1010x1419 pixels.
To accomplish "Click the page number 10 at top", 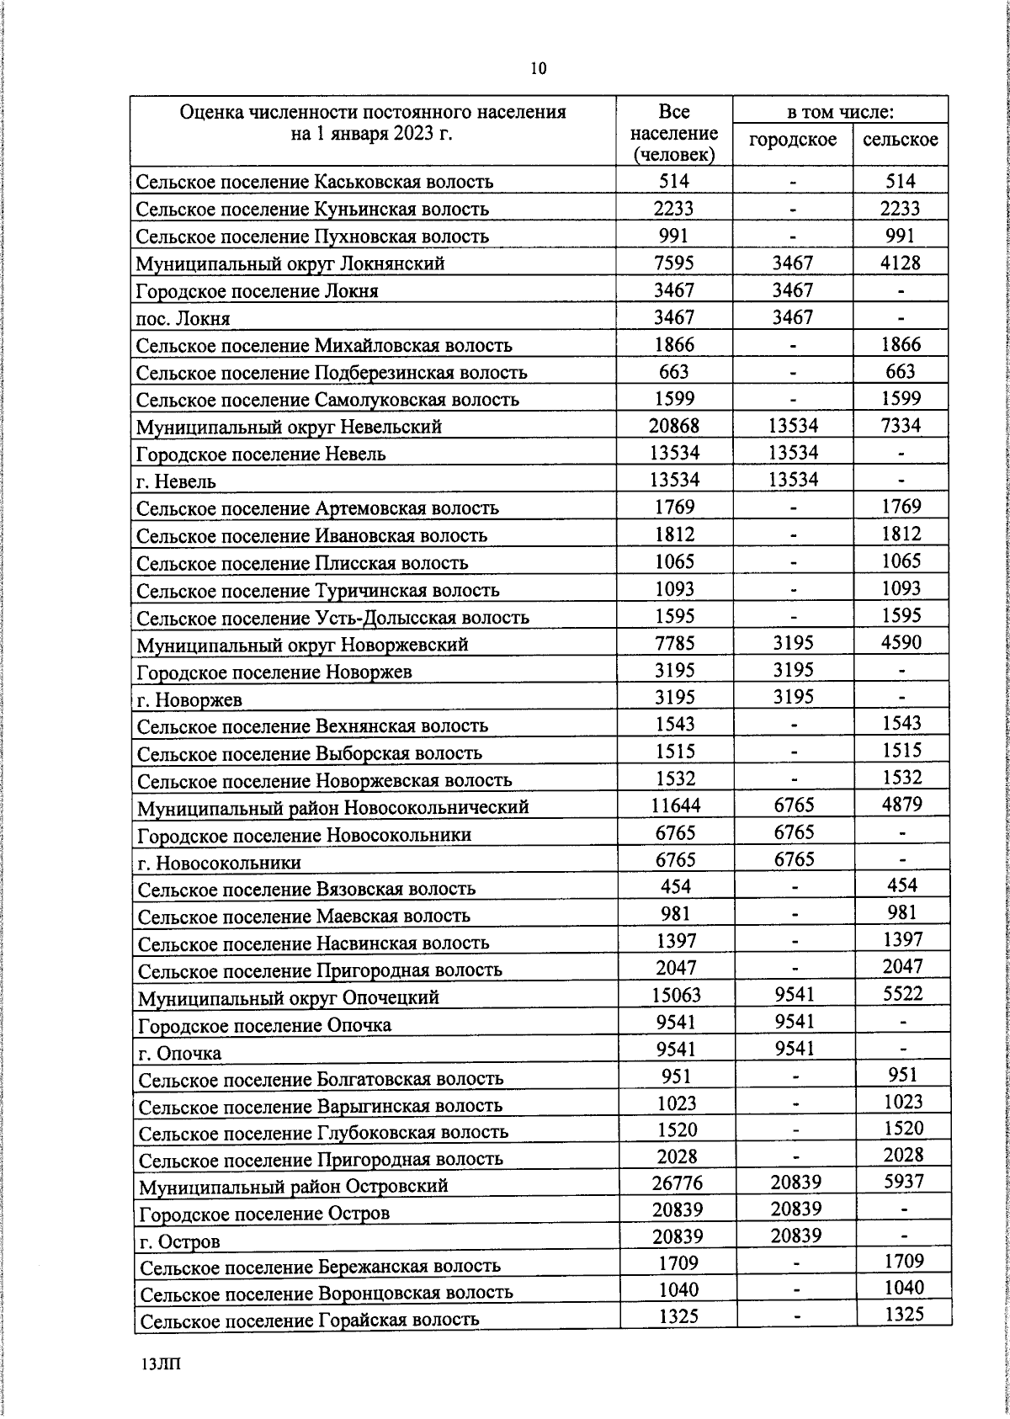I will pos(539,69).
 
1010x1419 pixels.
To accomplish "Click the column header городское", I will pos(792,140).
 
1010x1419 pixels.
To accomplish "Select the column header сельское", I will pos(900,140).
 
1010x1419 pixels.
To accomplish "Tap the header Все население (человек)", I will pos(673,133).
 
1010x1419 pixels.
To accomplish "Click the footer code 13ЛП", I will pos(162,1365).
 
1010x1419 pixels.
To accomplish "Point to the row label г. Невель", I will pos(176,481).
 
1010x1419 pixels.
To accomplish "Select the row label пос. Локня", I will pos(183,318).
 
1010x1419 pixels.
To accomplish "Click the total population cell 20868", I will pos(673,426).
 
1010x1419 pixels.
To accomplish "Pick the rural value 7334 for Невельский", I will pos(901,425).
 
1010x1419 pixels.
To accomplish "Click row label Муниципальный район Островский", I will pos(293,1186).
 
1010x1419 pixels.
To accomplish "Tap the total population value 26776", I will pos(677,1182).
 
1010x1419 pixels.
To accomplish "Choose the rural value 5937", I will pos(904,1181).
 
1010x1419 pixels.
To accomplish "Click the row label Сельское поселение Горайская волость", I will pos(309,1320).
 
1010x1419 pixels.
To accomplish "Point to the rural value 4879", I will pos(902,804).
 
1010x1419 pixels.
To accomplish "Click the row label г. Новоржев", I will pos(189,699).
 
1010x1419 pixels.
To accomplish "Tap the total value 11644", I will pos(675,805).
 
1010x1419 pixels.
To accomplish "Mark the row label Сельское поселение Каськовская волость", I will pos(315,182).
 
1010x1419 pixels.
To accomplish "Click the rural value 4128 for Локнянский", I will pos(900,263).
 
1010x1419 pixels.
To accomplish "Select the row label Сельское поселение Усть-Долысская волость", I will pos(332,618).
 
